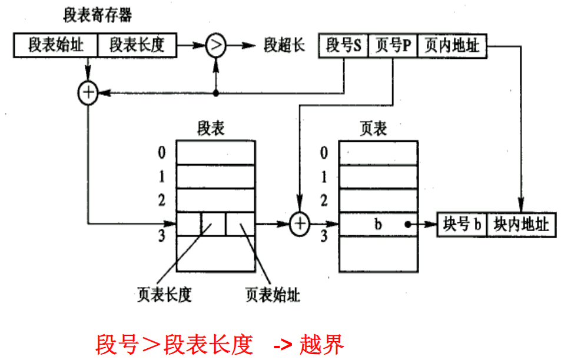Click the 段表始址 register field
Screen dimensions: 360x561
[x=56, y=45]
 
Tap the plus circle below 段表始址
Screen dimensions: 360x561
[x=88, y=92]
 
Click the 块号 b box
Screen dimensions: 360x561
[x=462, y=224]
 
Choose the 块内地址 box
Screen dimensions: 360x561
[x=521, y=224]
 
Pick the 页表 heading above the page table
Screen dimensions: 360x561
[x=373, y=128]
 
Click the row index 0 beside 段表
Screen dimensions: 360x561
[x=161, y=154]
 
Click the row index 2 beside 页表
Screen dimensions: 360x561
[x=323, y=201]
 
